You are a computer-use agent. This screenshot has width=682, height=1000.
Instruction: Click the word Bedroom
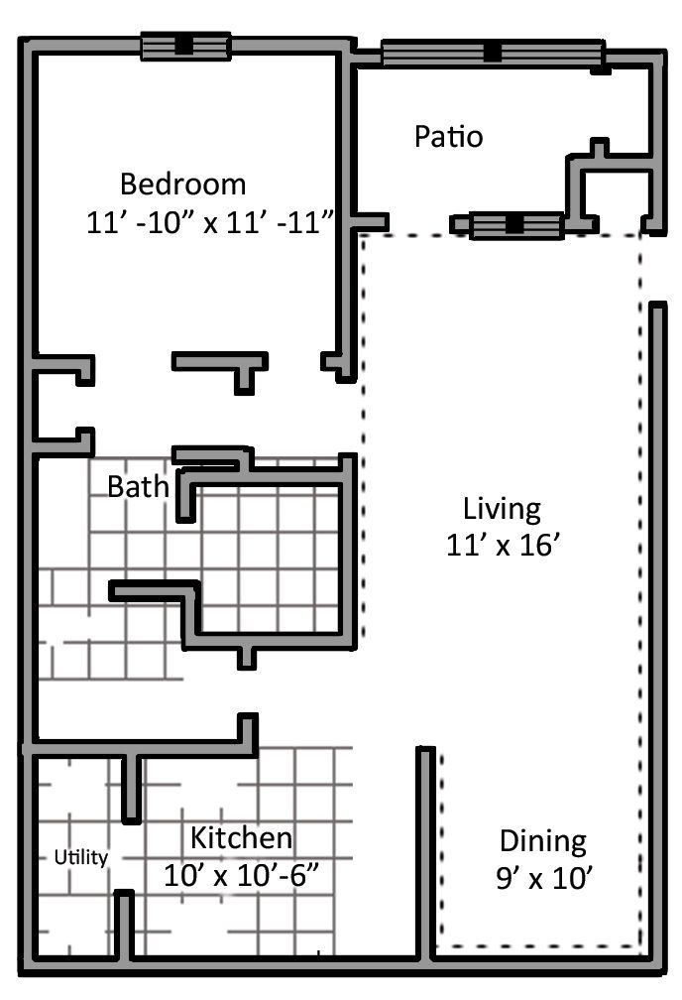click(183, 185)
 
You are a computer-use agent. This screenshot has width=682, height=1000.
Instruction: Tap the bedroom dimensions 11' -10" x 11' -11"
click(210, 223)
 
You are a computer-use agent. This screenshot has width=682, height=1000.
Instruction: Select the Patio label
click(449, 137)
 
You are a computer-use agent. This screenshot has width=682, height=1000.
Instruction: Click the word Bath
click(138, 486)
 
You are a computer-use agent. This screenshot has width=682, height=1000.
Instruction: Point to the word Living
click(503, 510)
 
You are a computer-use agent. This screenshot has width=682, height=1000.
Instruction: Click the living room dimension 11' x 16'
click(503, 546)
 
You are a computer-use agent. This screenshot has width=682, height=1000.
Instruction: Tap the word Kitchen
click(242, 838)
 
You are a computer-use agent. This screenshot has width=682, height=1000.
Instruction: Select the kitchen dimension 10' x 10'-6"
click(241, 875)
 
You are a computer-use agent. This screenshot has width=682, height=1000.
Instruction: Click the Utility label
click(81, 858)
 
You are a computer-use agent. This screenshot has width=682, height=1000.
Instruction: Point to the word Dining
click(543, 842)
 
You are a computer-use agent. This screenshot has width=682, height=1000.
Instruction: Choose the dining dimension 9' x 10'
click(544, 879)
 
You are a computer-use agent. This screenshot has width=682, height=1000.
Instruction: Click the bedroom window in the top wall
click(185, 46)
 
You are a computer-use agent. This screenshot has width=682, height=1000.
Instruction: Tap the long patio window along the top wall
click(492, 53)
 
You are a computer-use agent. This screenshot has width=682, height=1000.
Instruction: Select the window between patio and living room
click(516, 225)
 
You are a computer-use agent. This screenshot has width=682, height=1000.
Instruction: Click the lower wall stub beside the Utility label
click(124, 925)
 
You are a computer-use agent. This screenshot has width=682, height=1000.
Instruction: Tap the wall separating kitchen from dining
click(426, 853)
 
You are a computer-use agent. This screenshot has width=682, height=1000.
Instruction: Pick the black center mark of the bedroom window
click(184, 45)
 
